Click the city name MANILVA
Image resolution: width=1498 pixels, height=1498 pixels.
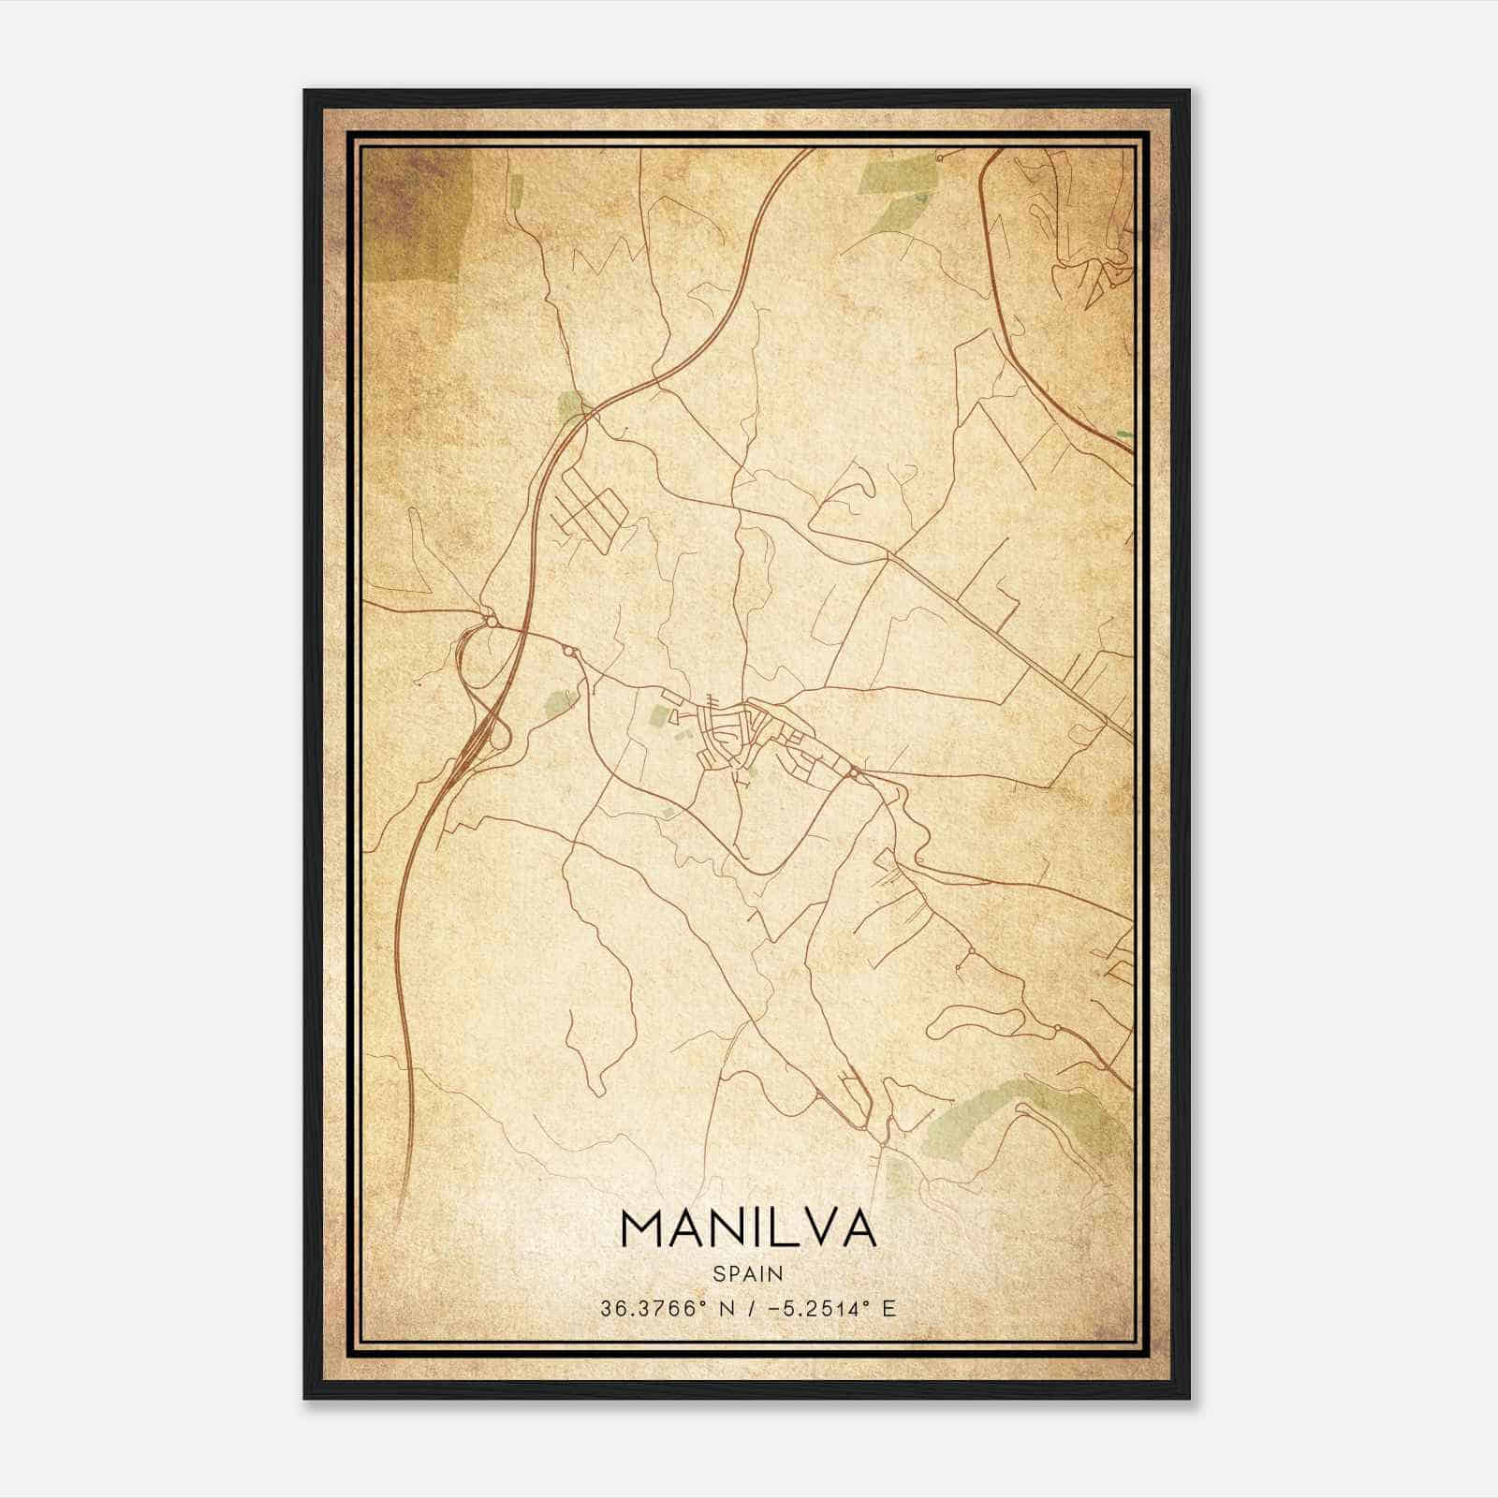click(x=747, y=1229)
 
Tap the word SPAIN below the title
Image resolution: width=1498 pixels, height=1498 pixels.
click(x=747, y=1273)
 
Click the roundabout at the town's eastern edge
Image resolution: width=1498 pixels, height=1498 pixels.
click(x=854, y=772)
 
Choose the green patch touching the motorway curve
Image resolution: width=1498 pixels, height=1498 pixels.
click(x=569, y=406)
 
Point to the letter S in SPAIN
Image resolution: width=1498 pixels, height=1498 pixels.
click(x=718, y=1273)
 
